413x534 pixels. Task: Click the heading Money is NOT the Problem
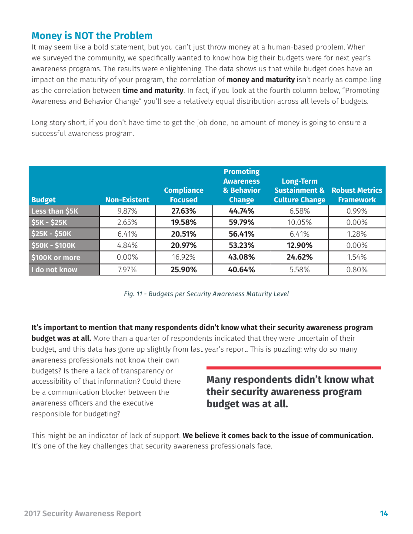point(92,36)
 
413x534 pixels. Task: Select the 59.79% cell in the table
point(241,222)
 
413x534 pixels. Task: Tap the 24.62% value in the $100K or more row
point(299,257)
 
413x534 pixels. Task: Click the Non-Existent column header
point(127,200)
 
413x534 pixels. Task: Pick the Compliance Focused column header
point(183,195)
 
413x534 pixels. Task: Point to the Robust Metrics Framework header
point(356,195)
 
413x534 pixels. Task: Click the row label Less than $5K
point(55,211)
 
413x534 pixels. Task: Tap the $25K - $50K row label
point(51,234)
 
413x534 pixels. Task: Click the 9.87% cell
point(127,211)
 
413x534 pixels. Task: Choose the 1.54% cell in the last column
point(356,257)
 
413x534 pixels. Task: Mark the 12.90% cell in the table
point(299,245)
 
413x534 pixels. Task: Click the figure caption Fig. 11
point(206,294)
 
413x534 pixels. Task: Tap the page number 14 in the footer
point(383,514)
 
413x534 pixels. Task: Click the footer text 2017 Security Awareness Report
point(83,514)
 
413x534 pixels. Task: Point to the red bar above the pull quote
point(293,368)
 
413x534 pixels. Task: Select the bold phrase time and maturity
point(153,90)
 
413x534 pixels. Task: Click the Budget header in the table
point(43,200)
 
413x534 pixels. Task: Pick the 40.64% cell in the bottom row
point(241,270)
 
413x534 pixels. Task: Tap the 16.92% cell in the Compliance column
point(183,257)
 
